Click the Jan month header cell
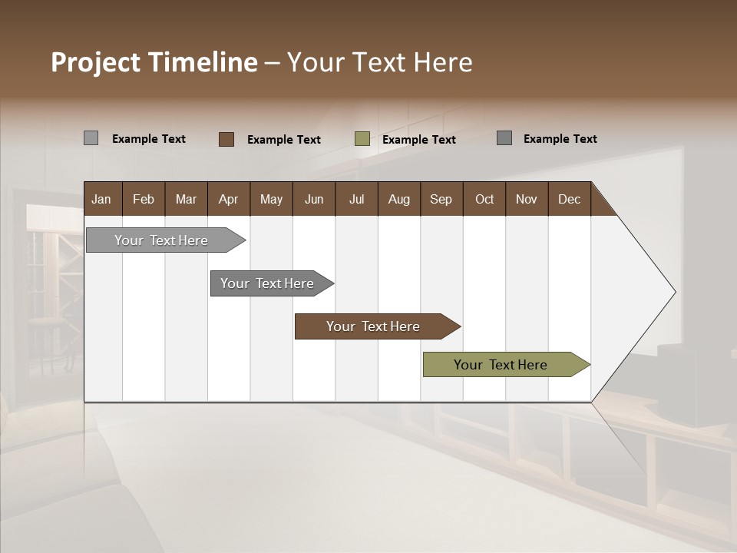[102, 199]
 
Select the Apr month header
[229, 199]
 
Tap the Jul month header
[356, 199]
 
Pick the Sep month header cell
[441, 199]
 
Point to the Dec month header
[569, 199]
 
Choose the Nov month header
[527, 199]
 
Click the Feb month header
[144, 199]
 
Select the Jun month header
[314, 199]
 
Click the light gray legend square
[91, 138]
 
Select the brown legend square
[226, 139]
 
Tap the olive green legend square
[362, 139]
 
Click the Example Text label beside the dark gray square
[560, 139]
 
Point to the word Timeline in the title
[203, 62]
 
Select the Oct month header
[484, 199]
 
